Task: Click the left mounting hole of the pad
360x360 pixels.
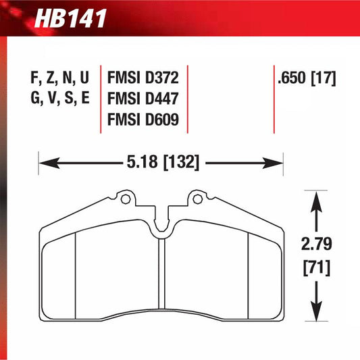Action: coord(123,199)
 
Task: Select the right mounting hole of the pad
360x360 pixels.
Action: coord(197,199)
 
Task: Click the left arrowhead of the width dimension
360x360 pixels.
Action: coord(44,162)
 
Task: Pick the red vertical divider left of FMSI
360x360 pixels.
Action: coord(100,98)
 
